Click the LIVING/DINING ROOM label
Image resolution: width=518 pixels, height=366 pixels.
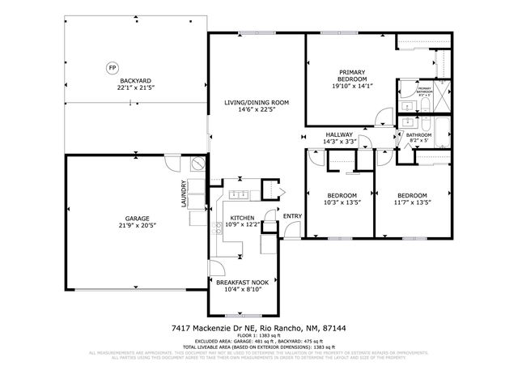click(257, 102)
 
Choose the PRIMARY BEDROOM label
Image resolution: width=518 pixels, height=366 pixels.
click(350, 78)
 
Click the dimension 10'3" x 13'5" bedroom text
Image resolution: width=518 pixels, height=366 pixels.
click(342, 203)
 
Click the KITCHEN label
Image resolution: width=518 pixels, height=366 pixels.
click(242, 218)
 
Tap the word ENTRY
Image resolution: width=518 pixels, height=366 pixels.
click(292, 215)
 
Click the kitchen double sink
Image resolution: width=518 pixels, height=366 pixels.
click(239, 194)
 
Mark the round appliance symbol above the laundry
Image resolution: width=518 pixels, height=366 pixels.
click(197, 164)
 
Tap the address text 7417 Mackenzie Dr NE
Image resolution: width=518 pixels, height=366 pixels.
click(218, 328)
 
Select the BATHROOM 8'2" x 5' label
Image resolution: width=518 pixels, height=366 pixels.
click(419, 138)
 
